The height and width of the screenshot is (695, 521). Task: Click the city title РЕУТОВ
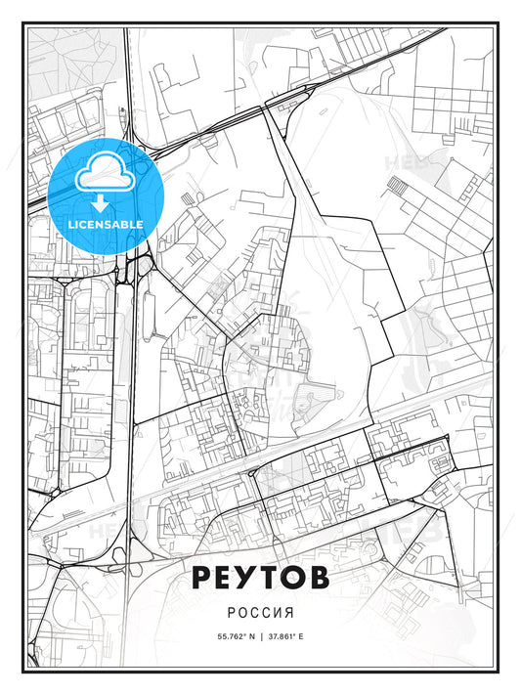(x=260, y=578)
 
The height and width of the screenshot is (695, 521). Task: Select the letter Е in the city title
(x=226, y=578)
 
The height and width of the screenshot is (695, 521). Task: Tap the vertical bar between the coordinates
(x=261, y=636)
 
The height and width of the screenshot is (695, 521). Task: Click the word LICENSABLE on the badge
(x=105, y=224)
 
